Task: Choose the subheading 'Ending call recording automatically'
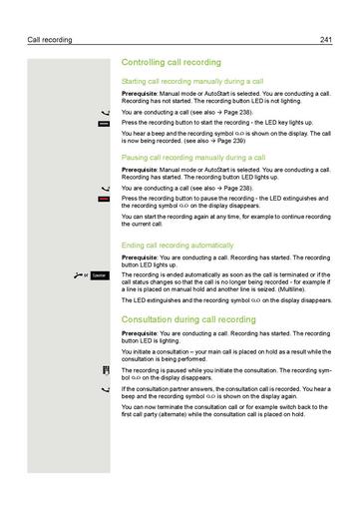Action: [x=177, y=245]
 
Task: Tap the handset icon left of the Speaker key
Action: [x=78, y=273]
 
